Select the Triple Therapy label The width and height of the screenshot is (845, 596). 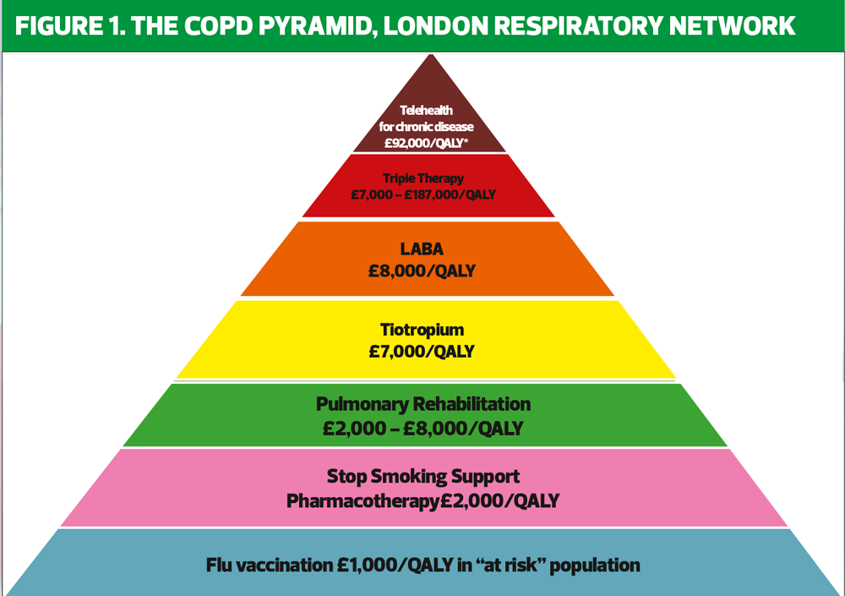[422, 178]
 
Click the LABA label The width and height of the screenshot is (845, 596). [422, 250]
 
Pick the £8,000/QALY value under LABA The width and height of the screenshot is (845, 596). [422, 272]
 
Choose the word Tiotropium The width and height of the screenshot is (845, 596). [422, 330]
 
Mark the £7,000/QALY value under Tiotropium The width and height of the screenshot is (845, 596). [422, 351]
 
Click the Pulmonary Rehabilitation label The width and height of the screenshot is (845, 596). [422, 404]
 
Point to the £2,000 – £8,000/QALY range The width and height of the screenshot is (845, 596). [422, 428]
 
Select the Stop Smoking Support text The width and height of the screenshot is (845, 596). [422, 477]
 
